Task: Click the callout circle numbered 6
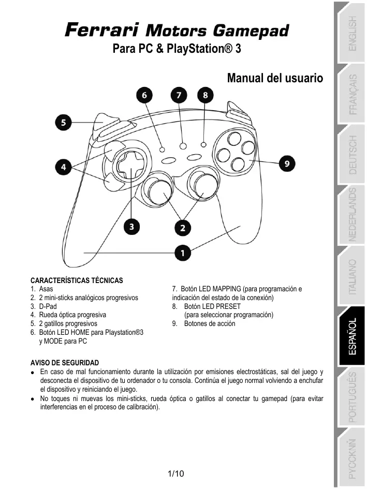tap(144, 96)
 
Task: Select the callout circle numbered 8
tap(205, 96)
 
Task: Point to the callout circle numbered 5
tap(64, 123)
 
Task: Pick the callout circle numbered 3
tap(133, 226)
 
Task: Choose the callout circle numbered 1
tap(182, 253)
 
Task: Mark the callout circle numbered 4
tap(64, 167)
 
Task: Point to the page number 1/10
tap(177, 473)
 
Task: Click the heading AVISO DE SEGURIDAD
tap(65, 362)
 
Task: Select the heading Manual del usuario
tap(275, 78)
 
